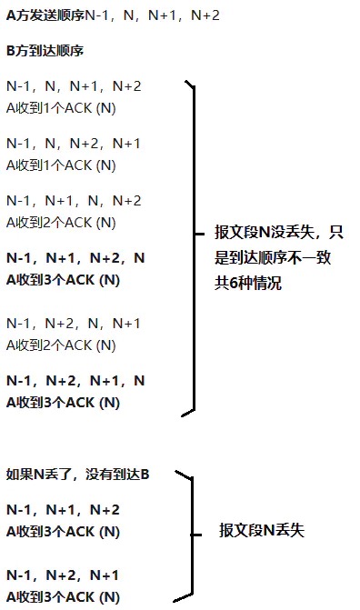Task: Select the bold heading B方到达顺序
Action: [x=45, y=51]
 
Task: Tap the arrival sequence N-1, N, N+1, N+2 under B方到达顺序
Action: [x=74, y=86]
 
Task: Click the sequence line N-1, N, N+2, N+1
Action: [x=74, y=144]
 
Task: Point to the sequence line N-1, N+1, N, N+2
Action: [x=74, y=201]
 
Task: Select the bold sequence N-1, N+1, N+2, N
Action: [x=75, y=258]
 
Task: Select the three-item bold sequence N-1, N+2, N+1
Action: [x=63, y=575]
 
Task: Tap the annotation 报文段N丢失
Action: [x=262, y=530]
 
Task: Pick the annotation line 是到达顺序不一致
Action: [x=271, y=258]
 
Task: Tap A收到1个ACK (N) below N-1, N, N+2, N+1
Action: [x=61, y=165]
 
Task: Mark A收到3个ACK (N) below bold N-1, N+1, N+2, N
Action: [x=63, y=279]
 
